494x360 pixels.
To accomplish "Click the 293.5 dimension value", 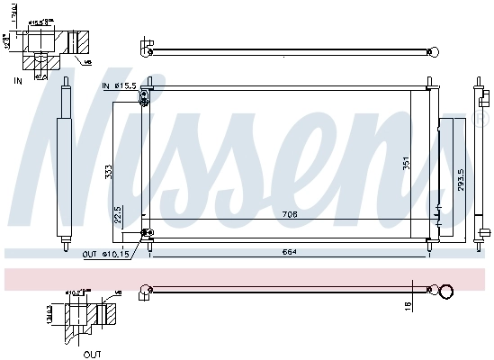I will (x=460, y=181).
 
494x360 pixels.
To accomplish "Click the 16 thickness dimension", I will (x=407, y=307).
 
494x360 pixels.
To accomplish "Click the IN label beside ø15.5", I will (x=105, y=85).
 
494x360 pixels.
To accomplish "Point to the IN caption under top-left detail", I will (x=17, y=81).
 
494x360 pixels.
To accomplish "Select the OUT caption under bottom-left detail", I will (x=92, y=355).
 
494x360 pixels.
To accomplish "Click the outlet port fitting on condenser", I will (x=145, y=236).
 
